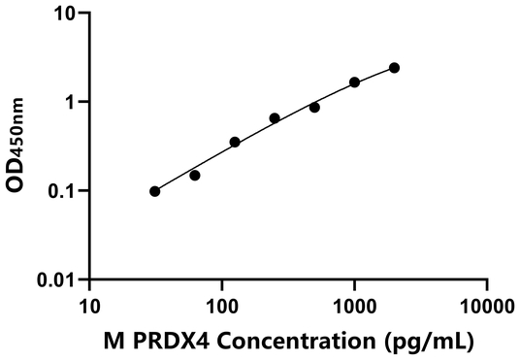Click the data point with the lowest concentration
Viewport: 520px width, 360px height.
155,191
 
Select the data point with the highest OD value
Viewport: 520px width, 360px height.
394,68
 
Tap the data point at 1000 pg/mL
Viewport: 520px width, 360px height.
354,82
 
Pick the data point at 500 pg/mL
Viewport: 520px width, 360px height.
314,108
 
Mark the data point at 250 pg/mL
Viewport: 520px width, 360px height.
275,118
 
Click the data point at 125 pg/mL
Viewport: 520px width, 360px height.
235,143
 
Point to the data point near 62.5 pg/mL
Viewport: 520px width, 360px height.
194,176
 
